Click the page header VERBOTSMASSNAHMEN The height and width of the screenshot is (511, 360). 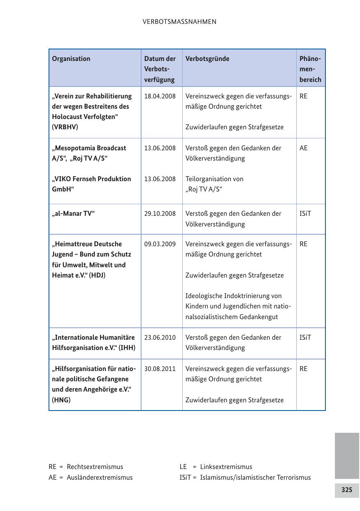(179, 22)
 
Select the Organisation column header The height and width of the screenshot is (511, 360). (71, 58)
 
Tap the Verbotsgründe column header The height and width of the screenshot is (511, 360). (207, 58)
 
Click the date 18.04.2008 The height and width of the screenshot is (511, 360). (160, 96)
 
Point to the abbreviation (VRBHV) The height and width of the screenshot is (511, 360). (65, 127)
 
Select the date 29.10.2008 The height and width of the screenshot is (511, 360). (160, 214)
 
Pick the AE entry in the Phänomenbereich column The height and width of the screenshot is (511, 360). (303, 148)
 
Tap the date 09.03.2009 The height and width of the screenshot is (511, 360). (160, 244)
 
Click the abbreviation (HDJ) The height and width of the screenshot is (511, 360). (97, 275)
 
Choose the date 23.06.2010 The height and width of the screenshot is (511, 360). (160, 338)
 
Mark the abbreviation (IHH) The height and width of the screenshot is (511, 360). (127, 348)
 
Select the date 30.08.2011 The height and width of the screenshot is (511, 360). (160, 369)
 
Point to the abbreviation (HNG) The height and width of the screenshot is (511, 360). (61, 400)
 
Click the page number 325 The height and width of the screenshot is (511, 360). (347, 490)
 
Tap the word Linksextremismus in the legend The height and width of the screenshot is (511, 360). (226, 467)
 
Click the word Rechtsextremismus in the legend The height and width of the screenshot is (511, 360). (95, 467)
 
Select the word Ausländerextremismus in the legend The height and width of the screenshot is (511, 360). (100, 478)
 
